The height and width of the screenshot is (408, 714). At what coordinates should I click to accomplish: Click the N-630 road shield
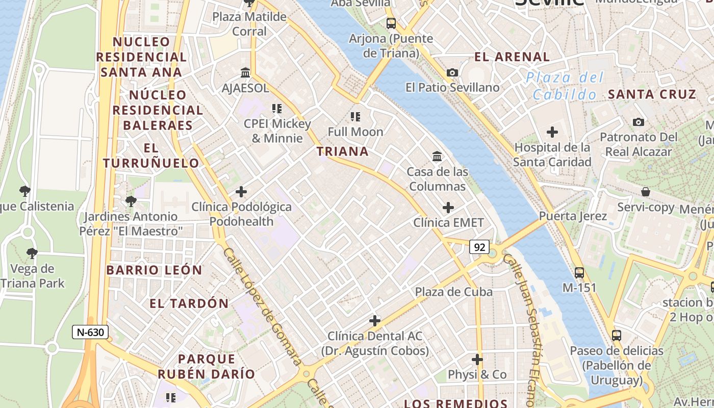point(90,333)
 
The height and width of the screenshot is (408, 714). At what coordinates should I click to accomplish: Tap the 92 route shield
point(479,247)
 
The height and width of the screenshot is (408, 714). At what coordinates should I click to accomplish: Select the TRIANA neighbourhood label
point(342,151)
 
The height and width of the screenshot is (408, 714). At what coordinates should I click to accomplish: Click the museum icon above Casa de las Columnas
point(437,156)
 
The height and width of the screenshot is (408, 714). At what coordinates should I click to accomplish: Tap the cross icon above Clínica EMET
point(448,208)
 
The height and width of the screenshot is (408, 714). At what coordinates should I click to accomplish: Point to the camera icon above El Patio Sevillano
point(452,73)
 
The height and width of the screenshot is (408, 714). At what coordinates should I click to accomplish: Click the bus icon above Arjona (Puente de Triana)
point(391,23)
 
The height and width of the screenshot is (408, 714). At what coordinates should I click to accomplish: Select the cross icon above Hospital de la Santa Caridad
point(552,132)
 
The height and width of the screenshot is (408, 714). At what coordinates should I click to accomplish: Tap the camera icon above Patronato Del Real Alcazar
point(638,122)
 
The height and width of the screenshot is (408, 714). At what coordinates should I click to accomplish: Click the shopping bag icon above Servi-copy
point(646,192)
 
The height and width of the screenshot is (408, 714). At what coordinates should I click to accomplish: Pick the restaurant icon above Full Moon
point(355,117)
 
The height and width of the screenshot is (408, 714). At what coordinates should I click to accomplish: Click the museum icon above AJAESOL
point(245,72)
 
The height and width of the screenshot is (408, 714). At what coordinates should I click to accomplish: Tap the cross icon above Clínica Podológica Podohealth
point(241,192)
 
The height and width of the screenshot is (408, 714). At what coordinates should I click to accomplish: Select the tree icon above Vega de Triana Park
point(32,253)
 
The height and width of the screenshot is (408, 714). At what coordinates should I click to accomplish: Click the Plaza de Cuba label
point(454,292)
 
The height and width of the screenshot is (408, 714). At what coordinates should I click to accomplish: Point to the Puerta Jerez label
point(573,216)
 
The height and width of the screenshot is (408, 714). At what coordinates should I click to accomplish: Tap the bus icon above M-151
point(579,272)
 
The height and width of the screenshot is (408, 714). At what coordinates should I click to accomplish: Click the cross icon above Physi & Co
point(477,360)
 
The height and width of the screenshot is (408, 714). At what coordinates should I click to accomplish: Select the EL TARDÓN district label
point(189,303)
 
